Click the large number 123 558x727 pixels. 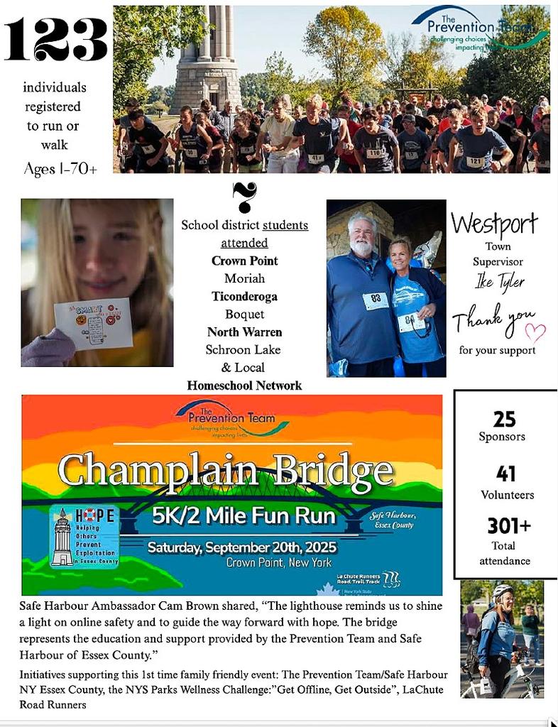click(56, 40)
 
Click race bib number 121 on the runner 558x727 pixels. click(474, 162)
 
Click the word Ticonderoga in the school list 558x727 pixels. click(244, 296)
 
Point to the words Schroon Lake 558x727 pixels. click(244, 349)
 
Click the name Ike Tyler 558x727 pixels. click(500, 282)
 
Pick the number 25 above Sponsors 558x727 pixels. click(504, 419)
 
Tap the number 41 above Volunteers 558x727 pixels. click(506, 474)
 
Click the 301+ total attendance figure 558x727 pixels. click(508, 526)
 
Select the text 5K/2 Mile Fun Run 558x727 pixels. click(244, 516)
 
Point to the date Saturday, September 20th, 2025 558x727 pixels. click(242, 548)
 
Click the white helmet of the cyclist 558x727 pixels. click(503, 591)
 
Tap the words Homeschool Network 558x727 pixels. click(244, 386)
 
